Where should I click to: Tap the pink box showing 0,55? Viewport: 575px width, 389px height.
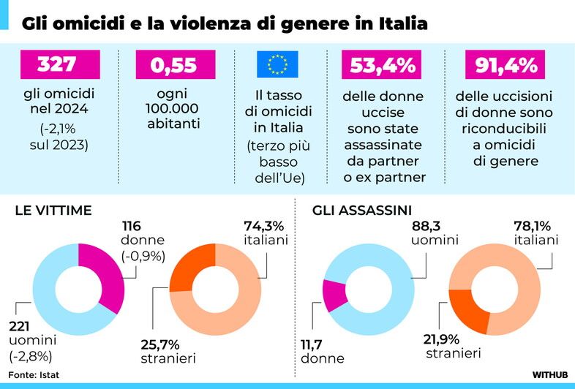pyautogui.click(x=174, y=64)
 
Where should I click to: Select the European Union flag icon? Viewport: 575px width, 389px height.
pyautogui.click(x=277, y=65)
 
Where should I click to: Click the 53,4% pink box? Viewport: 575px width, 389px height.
pyautogui.click(x=379, y=64)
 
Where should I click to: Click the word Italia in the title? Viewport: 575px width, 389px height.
pyautogui.click(x=402, y=23)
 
